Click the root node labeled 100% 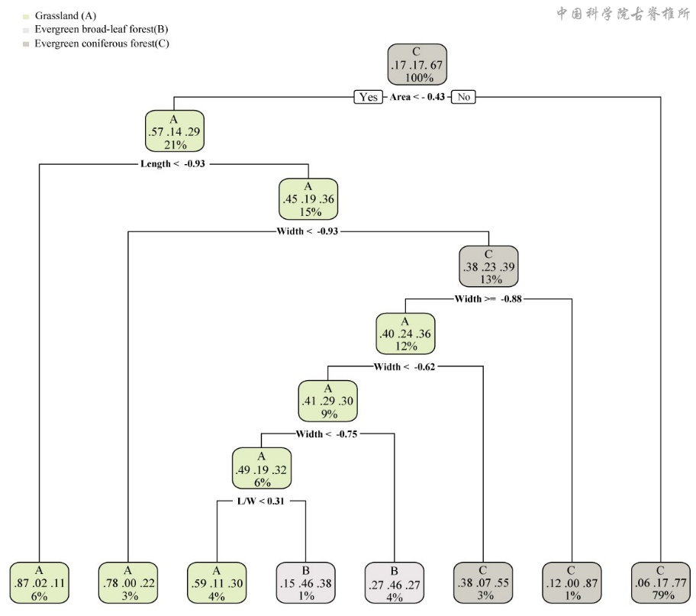click(x=416, y=64)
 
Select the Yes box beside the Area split click(x=369, y=97)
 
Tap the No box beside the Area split click(x=463, y=97)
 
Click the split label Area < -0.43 click(x=417, y=97)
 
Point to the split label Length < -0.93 click(x=173, y=163)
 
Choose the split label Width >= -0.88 click(x=488, y=298)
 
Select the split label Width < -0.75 click(x=327, y=434)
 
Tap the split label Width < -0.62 click(x=404, y=366)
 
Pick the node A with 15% click(x=308, y=199)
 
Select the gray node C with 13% click(x=488, y=266)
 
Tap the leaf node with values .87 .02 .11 click(x=39, y=582)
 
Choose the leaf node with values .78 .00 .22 click(x=127, y=582)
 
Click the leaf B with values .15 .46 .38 click(x=305, y=582)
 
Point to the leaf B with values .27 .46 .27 click(x=395, y=582)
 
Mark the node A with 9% click(x=327, y=401)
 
